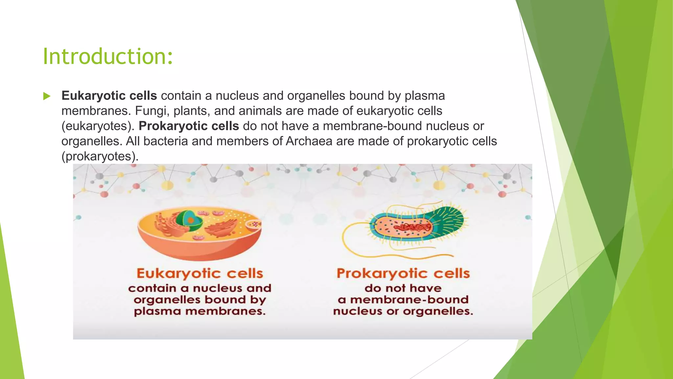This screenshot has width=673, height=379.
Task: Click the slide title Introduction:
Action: (108, 57)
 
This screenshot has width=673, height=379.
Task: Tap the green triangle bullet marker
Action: (47, 96)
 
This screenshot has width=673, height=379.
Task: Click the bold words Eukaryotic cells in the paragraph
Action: (109, 96)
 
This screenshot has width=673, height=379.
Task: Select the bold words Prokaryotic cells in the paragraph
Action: (189, 126)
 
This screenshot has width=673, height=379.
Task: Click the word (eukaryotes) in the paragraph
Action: (98, 126)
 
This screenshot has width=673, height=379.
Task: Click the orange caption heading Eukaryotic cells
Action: (200, 273)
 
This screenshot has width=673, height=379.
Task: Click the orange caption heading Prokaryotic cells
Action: (403, 273)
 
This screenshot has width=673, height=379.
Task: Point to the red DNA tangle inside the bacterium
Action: (415, 227)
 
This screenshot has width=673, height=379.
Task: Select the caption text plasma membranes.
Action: (200, 311)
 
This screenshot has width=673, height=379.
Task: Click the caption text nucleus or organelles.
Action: (403, 311)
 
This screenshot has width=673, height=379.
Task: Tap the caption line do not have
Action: (403, 288)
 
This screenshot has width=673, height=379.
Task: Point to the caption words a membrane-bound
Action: (403, 300)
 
